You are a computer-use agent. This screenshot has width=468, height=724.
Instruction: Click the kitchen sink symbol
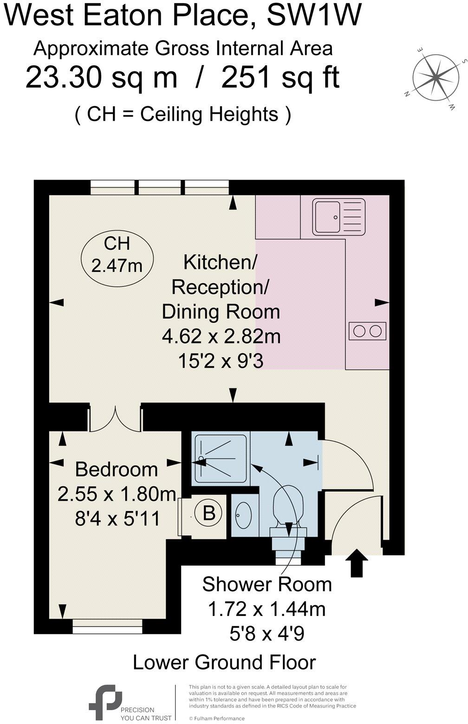338,216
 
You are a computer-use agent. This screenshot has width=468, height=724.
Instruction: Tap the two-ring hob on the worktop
367,331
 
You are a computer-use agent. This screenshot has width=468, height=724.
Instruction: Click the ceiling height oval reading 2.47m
117,255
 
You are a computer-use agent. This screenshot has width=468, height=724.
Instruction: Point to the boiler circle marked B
209,513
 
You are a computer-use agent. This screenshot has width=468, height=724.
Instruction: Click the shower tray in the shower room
220,459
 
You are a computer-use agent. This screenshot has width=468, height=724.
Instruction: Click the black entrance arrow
357,562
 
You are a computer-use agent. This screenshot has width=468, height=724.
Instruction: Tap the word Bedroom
116,469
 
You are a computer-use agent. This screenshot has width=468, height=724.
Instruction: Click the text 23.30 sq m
101,77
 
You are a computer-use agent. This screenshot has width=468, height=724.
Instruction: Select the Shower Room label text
267,584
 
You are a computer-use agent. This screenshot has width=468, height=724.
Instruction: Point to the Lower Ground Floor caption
224,662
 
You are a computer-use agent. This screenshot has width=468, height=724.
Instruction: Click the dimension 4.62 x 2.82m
221,336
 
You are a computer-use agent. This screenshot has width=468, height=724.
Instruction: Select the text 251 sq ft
280,77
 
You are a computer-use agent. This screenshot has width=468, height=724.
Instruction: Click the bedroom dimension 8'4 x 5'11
117,518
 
